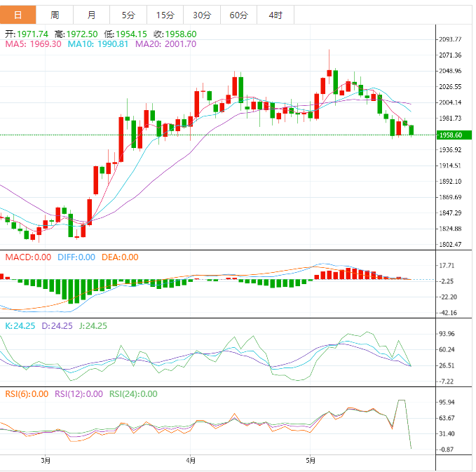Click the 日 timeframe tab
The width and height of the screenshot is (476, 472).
click(x=18, y=15)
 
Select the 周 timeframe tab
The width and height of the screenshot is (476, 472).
click(x=55, y=15)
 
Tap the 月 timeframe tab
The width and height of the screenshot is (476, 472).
click(x=92, y=15)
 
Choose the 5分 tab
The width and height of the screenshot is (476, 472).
click(x=128, y=15)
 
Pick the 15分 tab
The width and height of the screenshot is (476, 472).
click(x=165, y=15)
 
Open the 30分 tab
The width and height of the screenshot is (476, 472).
click(x=201, y=15)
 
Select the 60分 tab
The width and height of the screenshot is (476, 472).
click(x=238, y=15)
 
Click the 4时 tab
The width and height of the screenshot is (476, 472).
click(x=275, y=15)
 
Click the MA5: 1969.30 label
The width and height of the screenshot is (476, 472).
click(x=34, y=43)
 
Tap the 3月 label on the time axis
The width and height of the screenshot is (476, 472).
click(x=46, y=461)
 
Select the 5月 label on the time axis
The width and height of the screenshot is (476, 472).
click(x=311, y=461)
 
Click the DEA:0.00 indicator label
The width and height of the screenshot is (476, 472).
click(x=121, y=257)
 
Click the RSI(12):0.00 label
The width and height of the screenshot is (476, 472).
click(x=79, y=393)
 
